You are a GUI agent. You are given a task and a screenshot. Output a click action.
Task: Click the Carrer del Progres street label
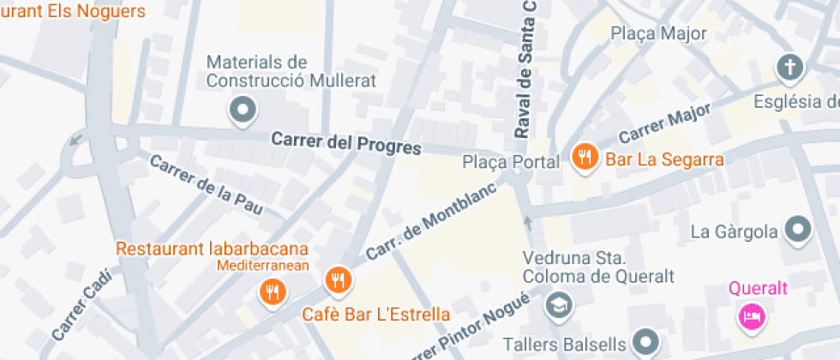coord(346,143)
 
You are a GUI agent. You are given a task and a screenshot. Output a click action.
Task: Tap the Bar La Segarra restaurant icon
coord(585,158)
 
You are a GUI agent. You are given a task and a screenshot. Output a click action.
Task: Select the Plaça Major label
coord(658,33)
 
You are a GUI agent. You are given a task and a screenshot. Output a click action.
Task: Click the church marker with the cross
coord(789,67)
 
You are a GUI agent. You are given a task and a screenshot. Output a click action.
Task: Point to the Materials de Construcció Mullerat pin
coord(243,110)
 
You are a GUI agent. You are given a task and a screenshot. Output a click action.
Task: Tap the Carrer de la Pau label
coord(204,185)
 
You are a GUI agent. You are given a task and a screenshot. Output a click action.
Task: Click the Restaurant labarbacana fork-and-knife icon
coord(273,292)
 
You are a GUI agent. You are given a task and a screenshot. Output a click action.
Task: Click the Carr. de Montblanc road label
coord(420,225)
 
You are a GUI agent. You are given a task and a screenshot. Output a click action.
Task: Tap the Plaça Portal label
coord(511,162)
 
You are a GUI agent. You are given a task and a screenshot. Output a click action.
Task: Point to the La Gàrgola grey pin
coord(799,230)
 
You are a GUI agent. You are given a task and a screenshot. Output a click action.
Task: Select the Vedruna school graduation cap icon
coord(559,303)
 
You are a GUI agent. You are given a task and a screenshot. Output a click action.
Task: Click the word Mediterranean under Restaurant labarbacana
coord(262,266)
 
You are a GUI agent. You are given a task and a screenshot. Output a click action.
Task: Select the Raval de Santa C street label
coord(527,69)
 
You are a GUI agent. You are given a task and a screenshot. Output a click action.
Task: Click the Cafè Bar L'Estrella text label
coord(375,315)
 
